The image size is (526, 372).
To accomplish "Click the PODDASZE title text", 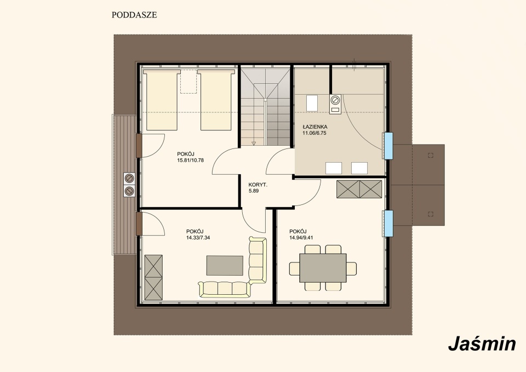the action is (134, 15).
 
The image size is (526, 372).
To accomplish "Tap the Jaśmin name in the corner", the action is (482, 344).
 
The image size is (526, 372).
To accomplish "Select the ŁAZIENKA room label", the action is (315, 127).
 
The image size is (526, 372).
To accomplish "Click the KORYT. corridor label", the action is (258, 185).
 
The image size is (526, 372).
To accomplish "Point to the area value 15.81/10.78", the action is (190, 161).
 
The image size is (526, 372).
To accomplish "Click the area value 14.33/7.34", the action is (198, 237).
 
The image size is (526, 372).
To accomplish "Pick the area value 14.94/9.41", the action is (301, 237).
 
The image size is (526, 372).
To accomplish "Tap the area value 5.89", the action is (254, 191).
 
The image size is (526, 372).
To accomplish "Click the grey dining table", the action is (323, 268).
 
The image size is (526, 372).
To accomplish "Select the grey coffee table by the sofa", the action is (225, 265).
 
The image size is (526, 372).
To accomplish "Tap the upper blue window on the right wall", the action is (388, 146).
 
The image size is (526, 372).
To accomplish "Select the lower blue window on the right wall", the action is (388, 223).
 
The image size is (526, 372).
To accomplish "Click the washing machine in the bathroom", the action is (335, 104).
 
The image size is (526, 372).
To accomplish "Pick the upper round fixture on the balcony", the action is (129, 178).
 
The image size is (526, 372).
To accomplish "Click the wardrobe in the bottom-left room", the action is (153, 277).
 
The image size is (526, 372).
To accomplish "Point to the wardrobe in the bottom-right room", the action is (359, 189).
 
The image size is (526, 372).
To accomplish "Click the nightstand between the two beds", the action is (188, 82).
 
